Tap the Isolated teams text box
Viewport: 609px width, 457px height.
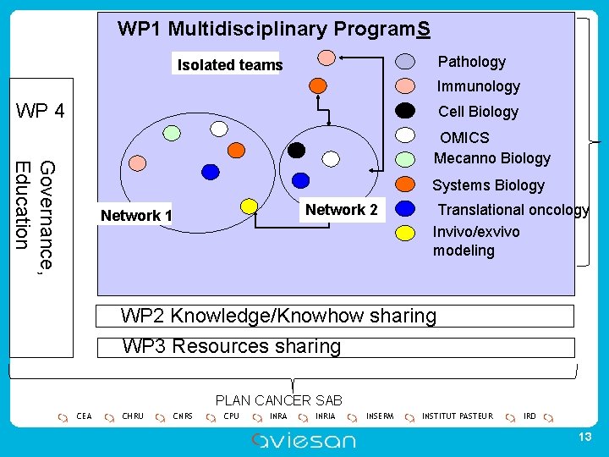click(x=229, y=64)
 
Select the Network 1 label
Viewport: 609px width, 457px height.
click(x=136, y=215)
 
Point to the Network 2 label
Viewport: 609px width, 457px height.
click(x=341, y=209)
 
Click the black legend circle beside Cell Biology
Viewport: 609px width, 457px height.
click(x=406, y=110)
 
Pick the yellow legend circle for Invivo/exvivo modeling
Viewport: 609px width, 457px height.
click(x=406, y=231)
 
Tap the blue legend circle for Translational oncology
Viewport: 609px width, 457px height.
click(x=406, y=207)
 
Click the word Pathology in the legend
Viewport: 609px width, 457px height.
click(x=471, y=61)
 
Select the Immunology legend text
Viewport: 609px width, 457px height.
click(x=478, y=85)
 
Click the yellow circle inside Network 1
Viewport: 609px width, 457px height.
click(x=249, y=206)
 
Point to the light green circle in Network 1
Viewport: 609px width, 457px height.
click(x=172, y=133)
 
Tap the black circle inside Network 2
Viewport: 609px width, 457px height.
click(x=296, y=150)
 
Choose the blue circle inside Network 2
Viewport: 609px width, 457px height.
click(x=299, y=179)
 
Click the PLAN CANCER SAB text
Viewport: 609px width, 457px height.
click(x=278, y=400)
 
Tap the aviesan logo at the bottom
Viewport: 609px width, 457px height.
click(x=304, y=439)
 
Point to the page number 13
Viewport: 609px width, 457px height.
click(x=583, y=436)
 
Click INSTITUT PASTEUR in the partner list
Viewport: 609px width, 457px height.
click(x=457, y=416)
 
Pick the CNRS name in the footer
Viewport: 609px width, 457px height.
click(x=183, y=416)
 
